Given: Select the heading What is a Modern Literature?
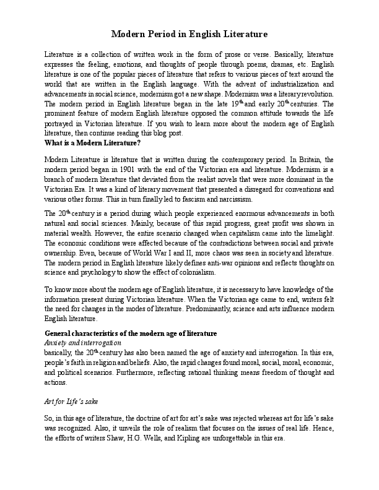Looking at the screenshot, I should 93,143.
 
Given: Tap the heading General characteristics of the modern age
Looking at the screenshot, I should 131,333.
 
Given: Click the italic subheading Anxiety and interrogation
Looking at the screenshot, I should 83,342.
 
